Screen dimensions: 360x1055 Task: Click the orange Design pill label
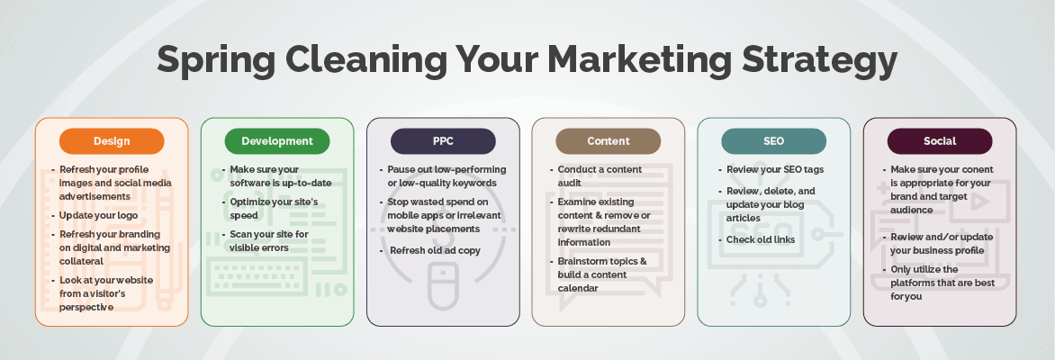tap(112, 141)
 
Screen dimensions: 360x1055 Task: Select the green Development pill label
tap(277, 141)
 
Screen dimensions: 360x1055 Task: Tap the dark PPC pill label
tap(443, 141)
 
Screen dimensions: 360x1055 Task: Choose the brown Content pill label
tap(609, 141)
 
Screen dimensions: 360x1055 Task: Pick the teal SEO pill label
tap(774, 141)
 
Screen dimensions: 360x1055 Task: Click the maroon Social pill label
tap(940, 141)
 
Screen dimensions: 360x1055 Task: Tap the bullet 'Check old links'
tap(760, 239)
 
